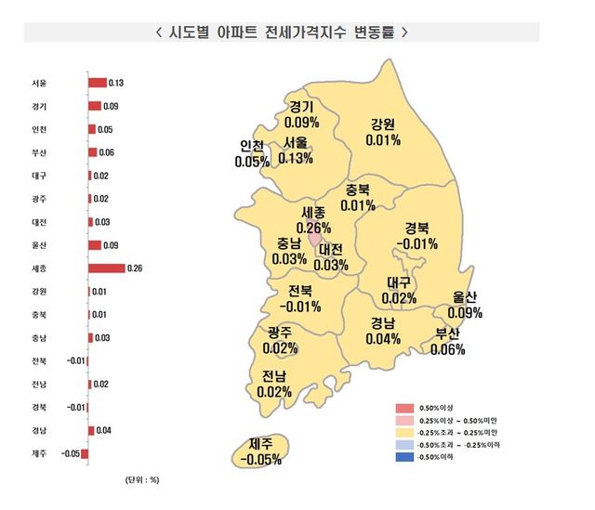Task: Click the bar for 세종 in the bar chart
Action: coord(106,268)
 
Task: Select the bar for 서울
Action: coord(98,83)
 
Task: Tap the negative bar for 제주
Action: coord(85,454)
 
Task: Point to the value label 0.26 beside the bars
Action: coord(135,268)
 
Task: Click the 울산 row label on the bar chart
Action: coord(38,245)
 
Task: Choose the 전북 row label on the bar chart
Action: coord(38,361)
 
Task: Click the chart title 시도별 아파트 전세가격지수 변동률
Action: coord(279,31)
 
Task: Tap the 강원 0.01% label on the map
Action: coord(384,132)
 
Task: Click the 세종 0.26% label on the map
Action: coord(314,220)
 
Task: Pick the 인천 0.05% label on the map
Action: coord(252,153)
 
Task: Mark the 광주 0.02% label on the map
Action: coord(281,341)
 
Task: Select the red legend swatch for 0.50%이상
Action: coord(404,407)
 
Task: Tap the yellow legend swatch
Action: coord(404,432)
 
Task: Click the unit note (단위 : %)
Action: coord(141,480)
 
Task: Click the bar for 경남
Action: coord(92,431)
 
